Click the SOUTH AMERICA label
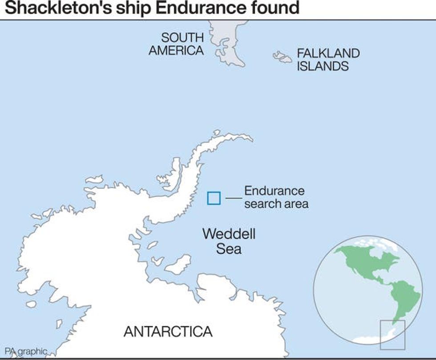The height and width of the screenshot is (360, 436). pyautogui.click(x=176, y=44)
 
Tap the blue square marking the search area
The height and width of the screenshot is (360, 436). pyautogui.click(x=214, y=198)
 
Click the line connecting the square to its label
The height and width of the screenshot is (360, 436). pyautogui.click(x=233, y=198)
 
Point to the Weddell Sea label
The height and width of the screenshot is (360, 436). pyautogui.click(x=229, y=241)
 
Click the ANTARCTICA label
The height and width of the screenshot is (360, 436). pyautogui.click(x=168, y=332)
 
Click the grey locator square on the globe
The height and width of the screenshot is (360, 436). pyautogui.click(x=392, y=334)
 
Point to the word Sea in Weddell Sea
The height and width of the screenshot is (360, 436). pyautogui.click(x=229, y=249)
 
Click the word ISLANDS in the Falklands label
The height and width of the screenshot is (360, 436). pyautogui.click(x=323, y=67)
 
